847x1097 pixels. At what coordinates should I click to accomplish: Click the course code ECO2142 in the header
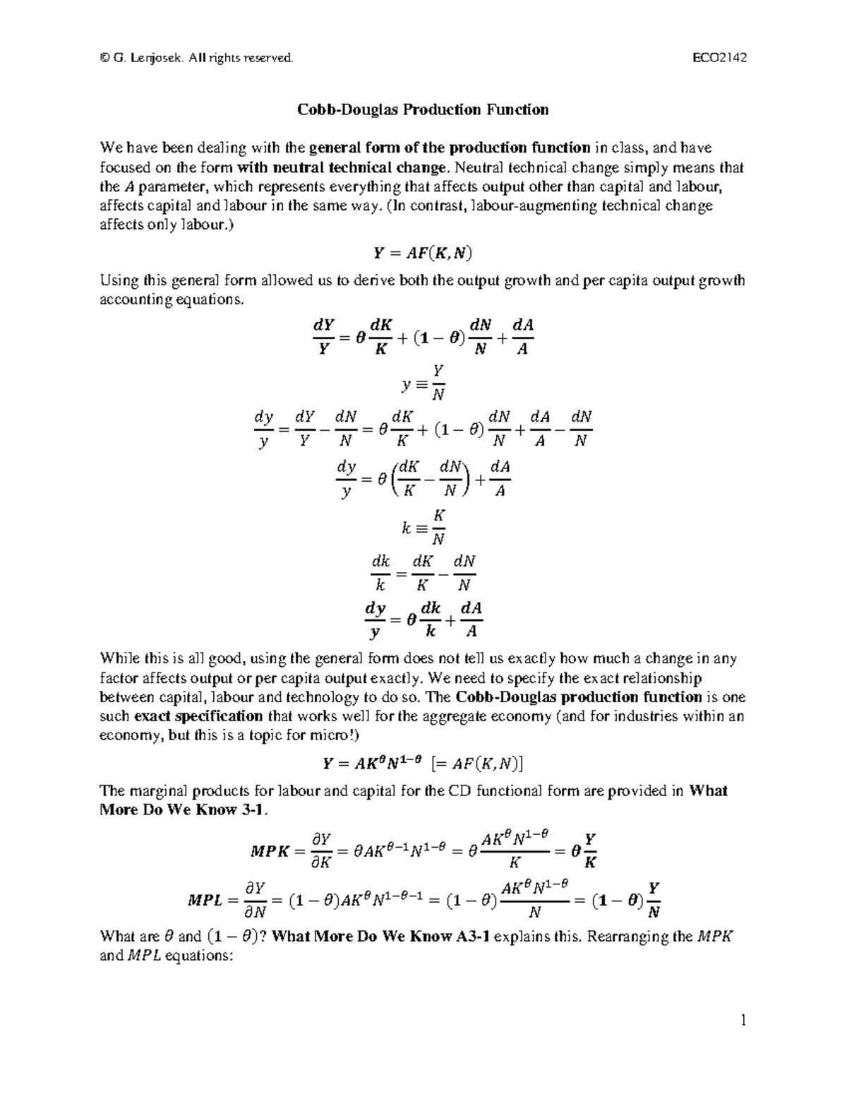719,58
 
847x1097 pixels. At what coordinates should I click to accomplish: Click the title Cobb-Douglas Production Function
422,109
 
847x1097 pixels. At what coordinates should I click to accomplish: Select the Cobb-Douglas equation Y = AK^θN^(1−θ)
371,763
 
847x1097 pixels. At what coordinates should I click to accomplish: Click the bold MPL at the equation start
205,901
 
